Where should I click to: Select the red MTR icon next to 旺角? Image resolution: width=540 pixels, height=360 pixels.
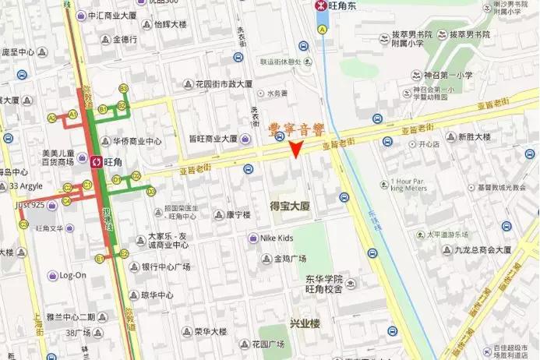pyautogui.click(x=95, y=162)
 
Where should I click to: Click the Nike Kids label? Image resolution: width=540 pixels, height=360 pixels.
pyautogui.click(x=275, y=238)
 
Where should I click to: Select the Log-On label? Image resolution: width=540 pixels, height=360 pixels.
pyautogui.click(x=72, y=275)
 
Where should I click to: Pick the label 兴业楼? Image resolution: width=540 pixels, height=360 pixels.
pyautogui.click(x=304, y=323)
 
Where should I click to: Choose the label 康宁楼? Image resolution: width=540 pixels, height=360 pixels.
pyautogui.click(x=238, y=214)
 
